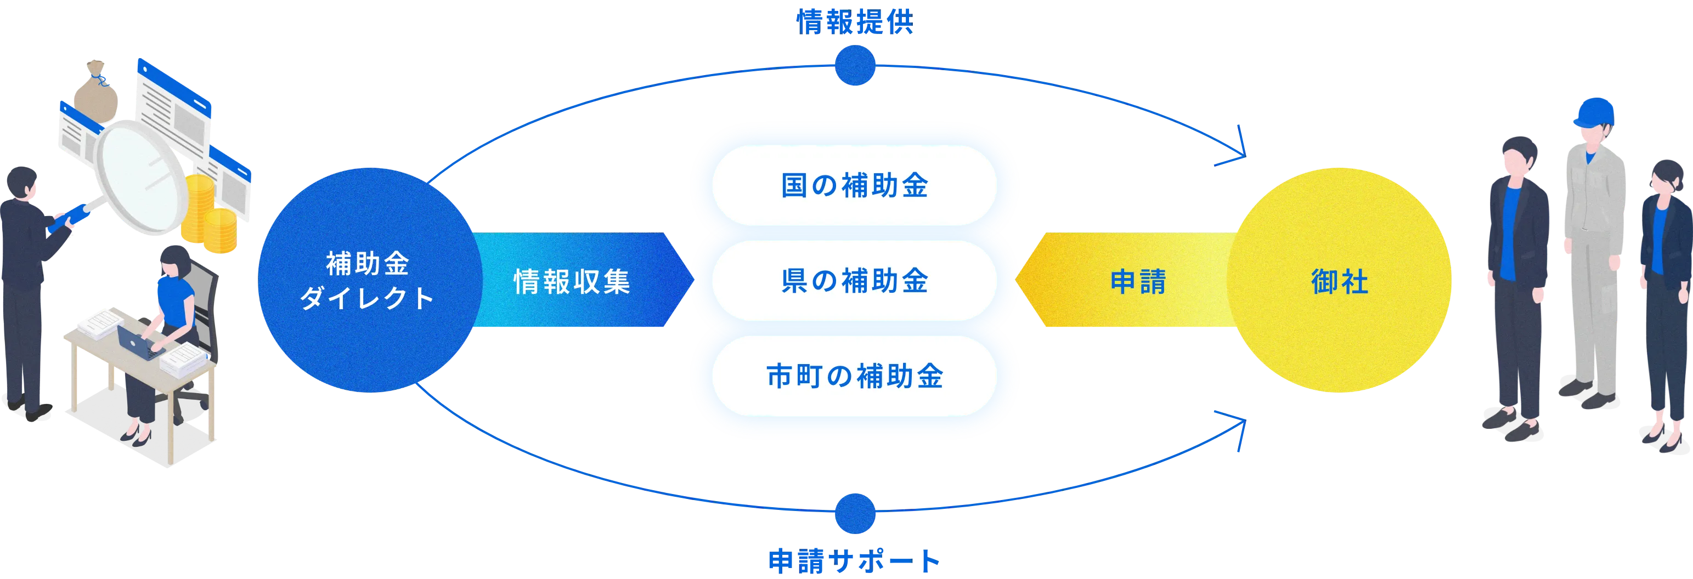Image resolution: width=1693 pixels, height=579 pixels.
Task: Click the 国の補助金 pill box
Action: tap(854, 185)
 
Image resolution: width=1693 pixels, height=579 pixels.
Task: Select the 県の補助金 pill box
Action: tap(854, 281)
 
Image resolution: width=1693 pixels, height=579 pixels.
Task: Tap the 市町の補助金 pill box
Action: tap(854, 376)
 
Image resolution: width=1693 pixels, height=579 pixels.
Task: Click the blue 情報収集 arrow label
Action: tap(572, 281)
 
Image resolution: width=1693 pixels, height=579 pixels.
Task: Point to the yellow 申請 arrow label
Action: tap(1138, 281)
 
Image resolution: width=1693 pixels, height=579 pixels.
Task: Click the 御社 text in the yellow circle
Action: tap(1339, 282)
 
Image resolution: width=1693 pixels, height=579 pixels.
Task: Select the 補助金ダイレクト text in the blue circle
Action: tap(366, 281)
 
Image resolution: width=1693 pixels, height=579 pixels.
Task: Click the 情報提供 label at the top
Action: tap(854, 22)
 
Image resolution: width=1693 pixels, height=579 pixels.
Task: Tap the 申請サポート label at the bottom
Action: tap(854, 560)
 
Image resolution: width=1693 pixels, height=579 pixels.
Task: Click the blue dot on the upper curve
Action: tap(855, 66)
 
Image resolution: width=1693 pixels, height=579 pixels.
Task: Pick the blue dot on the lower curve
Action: tap(855, 513)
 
